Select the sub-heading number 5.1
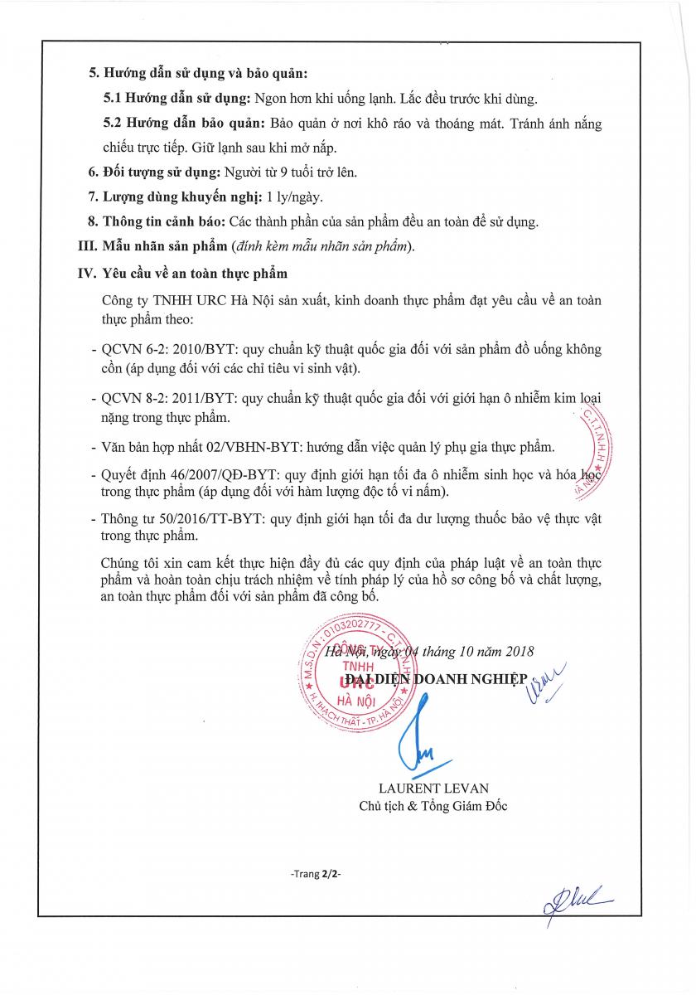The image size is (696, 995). pyautogui.click(x=113, y=98)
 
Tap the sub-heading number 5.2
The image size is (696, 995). pyautogui.click(x=114, y=124)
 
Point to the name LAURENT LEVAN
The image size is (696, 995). pyautogui.click(x=433, y=789)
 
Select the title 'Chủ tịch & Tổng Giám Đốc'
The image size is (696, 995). pyautogui.click(x=433, y=806)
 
